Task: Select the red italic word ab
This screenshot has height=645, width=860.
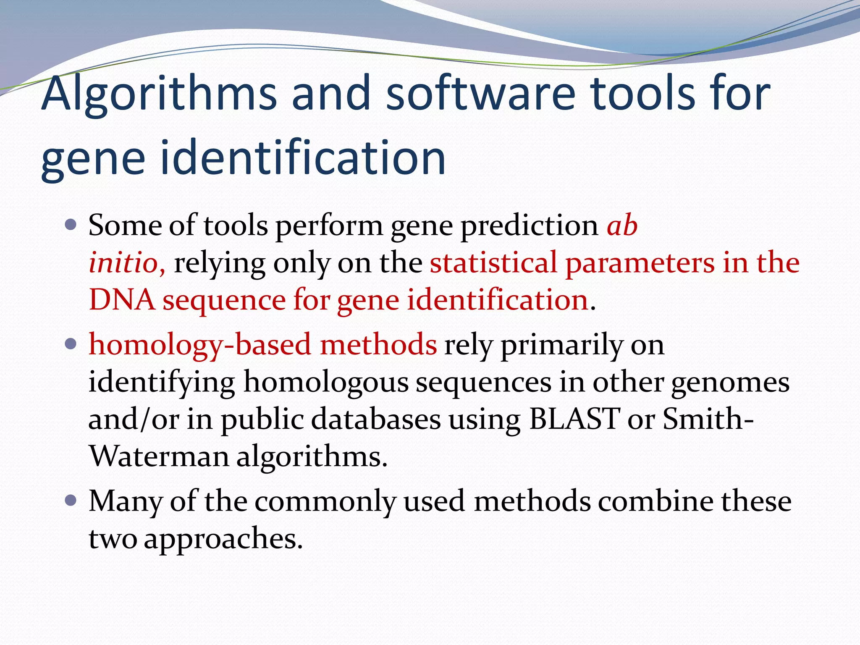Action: [x=622, y=225]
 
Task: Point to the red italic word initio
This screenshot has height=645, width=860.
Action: [x=124, y=263]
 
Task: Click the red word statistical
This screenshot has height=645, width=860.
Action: [x=493, y=263]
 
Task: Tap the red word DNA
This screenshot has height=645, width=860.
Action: [x=122, y=300]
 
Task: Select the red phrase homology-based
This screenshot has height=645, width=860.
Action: [x=200, y=345]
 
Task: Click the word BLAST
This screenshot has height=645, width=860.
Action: [x=574, y=419]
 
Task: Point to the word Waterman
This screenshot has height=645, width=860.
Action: [x=159, y=456]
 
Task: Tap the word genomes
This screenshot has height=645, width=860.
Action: [x=730, y=382]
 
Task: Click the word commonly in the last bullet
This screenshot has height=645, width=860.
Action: [x=325, y=501]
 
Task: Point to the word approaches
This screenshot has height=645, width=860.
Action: [x=223, y=538]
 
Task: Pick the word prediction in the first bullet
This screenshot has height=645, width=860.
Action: [x=530, y=225]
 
